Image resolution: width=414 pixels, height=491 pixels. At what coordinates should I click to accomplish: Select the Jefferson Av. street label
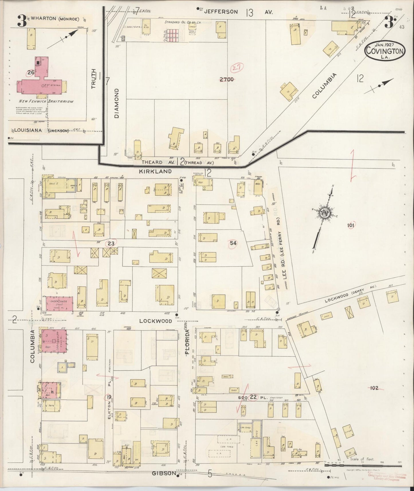point(221,12)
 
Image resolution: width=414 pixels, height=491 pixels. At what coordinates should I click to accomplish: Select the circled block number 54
point(233,243)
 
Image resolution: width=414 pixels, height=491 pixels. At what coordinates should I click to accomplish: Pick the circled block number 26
point(31,72)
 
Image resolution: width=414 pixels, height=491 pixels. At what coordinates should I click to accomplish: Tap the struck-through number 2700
point(227,80)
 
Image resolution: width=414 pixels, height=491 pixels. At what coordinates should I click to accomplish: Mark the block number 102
point(374,388)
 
